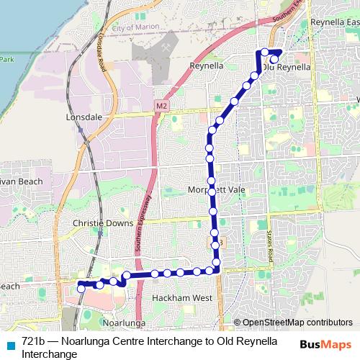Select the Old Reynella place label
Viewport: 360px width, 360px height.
[x=287, y=67]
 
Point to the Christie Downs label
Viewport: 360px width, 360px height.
[x=103, y=223]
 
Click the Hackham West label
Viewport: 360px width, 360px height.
[x=182, y=297]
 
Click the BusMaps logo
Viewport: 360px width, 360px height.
[x=325, y=344]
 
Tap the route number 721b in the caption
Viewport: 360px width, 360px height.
[x=34, y=341]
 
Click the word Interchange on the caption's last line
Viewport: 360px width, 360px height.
[x=49, y=354]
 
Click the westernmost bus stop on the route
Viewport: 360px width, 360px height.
[x=81, y=285]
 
